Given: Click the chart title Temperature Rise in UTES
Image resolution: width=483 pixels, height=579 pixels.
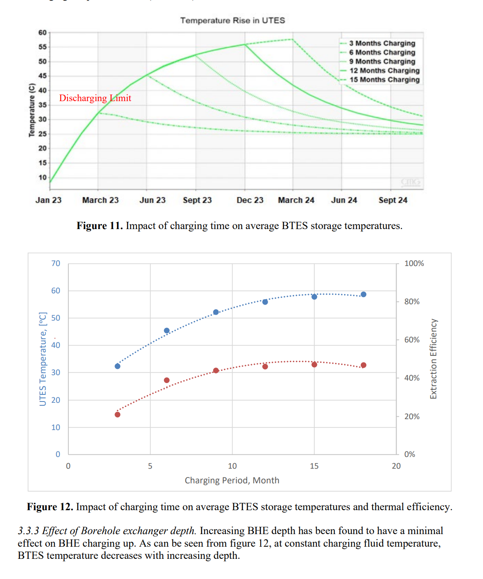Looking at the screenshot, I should [232, 20].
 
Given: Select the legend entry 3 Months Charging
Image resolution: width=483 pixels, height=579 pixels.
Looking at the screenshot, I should [382, 43].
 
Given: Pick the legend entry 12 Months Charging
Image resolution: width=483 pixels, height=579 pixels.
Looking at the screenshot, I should [384, 70].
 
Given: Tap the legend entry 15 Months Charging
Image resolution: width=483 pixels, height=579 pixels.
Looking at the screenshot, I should [384, 80].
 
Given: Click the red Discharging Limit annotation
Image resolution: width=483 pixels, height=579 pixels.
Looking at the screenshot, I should [95, 98].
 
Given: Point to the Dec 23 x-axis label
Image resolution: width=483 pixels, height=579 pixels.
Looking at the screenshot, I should [250, 200].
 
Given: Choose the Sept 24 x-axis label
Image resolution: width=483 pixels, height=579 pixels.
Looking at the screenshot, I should [393, 200].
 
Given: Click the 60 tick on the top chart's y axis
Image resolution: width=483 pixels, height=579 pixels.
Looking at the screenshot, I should [42, 33].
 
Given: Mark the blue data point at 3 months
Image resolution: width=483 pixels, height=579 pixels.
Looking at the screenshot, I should [117, 366].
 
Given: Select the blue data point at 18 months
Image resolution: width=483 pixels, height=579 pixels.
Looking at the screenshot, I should [363, 295].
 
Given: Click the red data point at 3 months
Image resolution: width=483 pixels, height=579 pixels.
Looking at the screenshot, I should [117, 415].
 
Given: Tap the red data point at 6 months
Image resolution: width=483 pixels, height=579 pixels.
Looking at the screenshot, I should [167, 380].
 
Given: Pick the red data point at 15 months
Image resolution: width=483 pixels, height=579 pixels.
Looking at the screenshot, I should [314, 365].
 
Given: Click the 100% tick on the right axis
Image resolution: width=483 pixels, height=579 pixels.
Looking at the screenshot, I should [414, 263].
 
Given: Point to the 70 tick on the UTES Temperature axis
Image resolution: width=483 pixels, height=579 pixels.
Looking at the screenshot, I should [56, 263].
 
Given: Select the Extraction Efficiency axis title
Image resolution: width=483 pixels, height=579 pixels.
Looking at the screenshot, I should [433, 359].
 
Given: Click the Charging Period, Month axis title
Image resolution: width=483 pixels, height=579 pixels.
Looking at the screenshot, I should [232, 480].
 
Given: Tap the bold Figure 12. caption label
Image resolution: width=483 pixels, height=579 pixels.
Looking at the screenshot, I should [50, 507].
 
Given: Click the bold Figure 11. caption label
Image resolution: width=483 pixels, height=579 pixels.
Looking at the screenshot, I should [99, 226].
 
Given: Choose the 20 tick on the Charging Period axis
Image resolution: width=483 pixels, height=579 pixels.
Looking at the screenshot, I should [396, 466].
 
